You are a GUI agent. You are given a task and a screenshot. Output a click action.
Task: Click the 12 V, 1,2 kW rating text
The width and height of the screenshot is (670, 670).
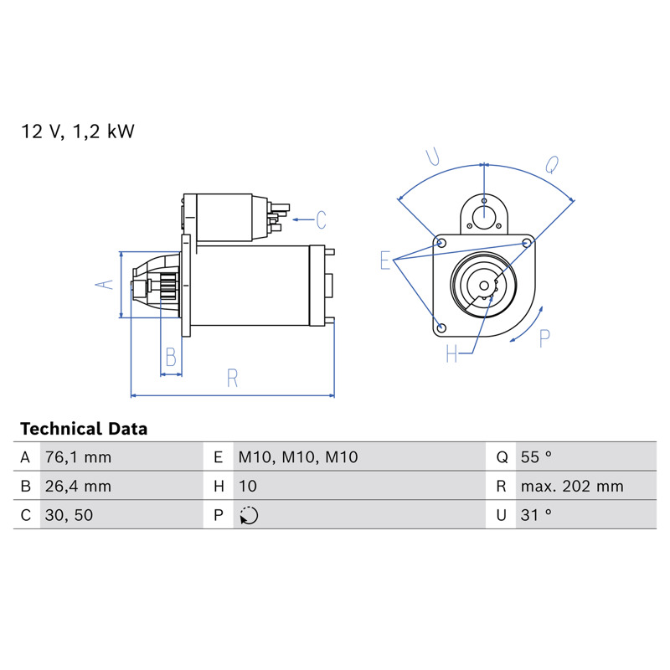[78, 131]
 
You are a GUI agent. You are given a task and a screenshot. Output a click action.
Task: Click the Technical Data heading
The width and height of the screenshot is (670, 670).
[84, 429]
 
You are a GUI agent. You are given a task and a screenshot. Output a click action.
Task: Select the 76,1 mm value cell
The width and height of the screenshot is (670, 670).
[78, 457]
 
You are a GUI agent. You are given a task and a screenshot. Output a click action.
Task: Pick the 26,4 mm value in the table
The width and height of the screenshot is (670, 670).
[78, 487]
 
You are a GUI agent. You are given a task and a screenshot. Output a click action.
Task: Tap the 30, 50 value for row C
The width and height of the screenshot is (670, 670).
[69, 515]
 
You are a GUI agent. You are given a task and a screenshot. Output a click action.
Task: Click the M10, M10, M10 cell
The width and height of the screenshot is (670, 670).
[298, 457]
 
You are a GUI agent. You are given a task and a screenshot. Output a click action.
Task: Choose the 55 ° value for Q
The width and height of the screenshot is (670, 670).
[536, 457]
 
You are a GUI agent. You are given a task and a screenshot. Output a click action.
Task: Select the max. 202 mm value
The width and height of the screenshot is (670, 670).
[572, 487]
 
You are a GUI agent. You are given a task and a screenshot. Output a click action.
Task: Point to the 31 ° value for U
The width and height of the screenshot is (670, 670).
[536, 515]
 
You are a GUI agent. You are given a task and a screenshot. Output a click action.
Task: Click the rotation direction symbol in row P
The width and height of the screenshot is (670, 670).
[249, 515]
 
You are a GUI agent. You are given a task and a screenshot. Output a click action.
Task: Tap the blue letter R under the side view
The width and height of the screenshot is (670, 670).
[232, 379]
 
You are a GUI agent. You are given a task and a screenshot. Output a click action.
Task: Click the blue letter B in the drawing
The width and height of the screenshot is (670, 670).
[171, 358]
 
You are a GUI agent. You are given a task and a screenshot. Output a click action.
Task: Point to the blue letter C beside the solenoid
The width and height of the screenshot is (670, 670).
[322, 220]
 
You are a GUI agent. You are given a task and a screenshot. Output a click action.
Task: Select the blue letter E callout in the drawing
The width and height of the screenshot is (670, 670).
[385, 260]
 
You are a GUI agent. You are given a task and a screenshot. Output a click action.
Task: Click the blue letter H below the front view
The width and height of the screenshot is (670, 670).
[451, 353]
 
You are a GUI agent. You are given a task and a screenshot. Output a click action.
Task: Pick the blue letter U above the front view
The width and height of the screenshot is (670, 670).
[433, 157]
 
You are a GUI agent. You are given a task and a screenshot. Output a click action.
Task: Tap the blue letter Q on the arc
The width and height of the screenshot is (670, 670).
[552, 164]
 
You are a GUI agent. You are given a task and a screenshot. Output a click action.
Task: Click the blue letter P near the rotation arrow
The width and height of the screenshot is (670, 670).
[544, 339]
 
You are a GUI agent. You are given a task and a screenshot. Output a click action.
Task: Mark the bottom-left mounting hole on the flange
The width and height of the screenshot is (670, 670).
[442, 328]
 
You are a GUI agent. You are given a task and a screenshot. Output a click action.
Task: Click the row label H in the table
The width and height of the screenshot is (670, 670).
[219, 487]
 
